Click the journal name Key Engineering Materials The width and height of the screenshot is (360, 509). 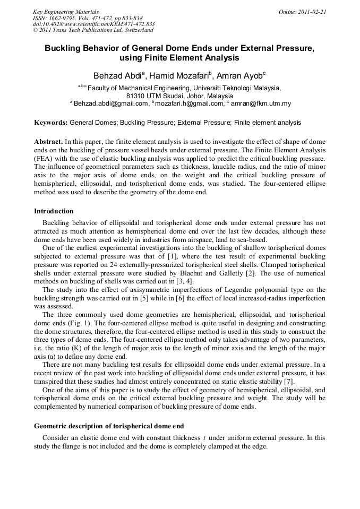pos(66,11)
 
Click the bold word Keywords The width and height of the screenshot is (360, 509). pos(50,123)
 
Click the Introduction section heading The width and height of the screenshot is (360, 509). pos(54,211)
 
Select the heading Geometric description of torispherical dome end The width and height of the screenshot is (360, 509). pos(109,426)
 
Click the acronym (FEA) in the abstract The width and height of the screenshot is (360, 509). pos(45,158)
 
